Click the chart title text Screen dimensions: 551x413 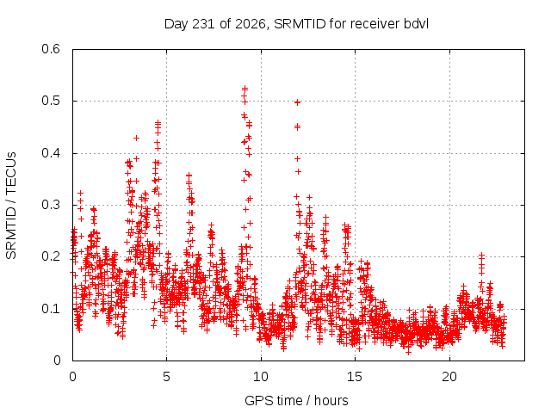tap(296, 24)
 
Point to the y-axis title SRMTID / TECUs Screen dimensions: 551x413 tap(11, 206)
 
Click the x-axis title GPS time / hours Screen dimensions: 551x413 tap(296, 400)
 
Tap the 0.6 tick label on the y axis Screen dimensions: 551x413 tap(51, 49)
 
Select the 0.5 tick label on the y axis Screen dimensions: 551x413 tap(51, 101)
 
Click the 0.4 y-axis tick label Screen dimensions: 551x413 tap(51, 153)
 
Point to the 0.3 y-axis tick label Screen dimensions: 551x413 tap(51, 205)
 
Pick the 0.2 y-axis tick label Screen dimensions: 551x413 tap(51, 256)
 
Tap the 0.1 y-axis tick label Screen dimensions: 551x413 tap(51, 309)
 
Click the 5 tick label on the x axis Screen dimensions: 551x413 tap(166, 377)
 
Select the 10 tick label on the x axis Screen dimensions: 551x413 tap(261, 377)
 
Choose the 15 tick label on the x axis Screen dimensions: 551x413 tap(355, 377)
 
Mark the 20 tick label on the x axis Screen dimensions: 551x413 tap(449, 377)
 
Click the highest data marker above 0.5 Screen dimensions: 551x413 tap(245, 88)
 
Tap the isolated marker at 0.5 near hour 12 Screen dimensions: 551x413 tap(297, 102)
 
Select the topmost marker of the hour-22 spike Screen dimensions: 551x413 tap(481, 255)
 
